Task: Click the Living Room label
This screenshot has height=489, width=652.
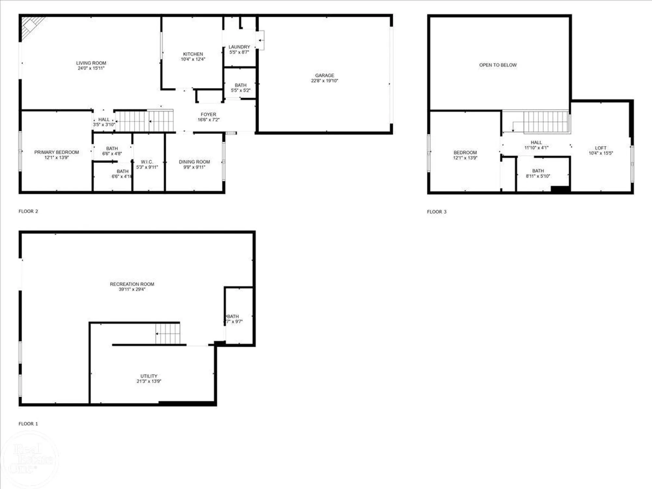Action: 91,63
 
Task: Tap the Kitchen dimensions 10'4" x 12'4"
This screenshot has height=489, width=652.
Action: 193,59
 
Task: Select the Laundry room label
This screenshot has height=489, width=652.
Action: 239,47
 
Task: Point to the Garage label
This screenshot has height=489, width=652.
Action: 324,75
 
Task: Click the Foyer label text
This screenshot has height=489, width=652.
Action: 208,114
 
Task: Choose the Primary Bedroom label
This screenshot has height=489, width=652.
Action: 56,152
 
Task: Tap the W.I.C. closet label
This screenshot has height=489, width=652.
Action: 147,162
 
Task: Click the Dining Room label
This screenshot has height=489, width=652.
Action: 194,162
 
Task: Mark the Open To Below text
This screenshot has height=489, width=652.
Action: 498,65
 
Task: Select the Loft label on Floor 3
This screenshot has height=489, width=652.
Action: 600,148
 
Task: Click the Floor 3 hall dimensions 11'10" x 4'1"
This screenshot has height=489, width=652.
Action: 536,148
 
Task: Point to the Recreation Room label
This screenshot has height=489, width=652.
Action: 132,284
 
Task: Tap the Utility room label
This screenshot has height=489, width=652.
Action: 149,376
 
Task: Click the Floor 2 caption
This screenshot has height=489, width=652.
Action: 28,211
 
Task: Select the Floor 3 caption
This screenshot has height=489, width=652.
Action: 437,212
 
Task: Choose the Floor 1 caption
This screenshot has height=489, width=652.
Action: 28,424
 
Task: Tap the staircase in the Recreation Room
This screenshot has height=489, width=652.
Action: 168,333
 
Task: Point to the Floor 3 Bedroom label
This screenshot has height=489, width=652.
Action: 465,153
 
